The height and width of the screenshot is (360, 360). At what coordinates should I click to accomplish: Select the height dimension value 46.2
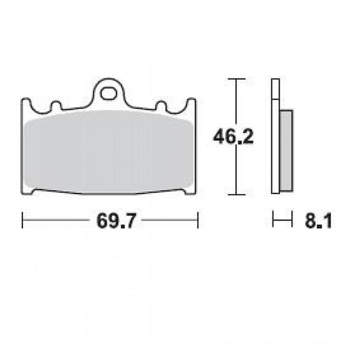pyautogui.click(x=230, y=137)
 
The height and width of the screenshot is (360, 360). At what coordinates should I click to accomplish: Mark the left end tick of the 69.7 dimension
pyautogui.click(x=23, y=221)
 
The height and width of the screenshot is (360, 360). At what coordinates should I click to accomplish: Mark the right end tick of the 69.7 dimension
pyautogui.click(x=197, y=221)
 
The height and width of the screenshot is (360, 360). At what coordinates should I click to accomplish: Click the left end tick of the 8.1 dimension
pyautogui.click(x=273, y=221)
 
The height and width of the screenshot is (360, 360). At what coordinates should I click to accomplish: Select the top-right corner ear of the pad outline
pyautogui.click(x=191, y=101)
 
